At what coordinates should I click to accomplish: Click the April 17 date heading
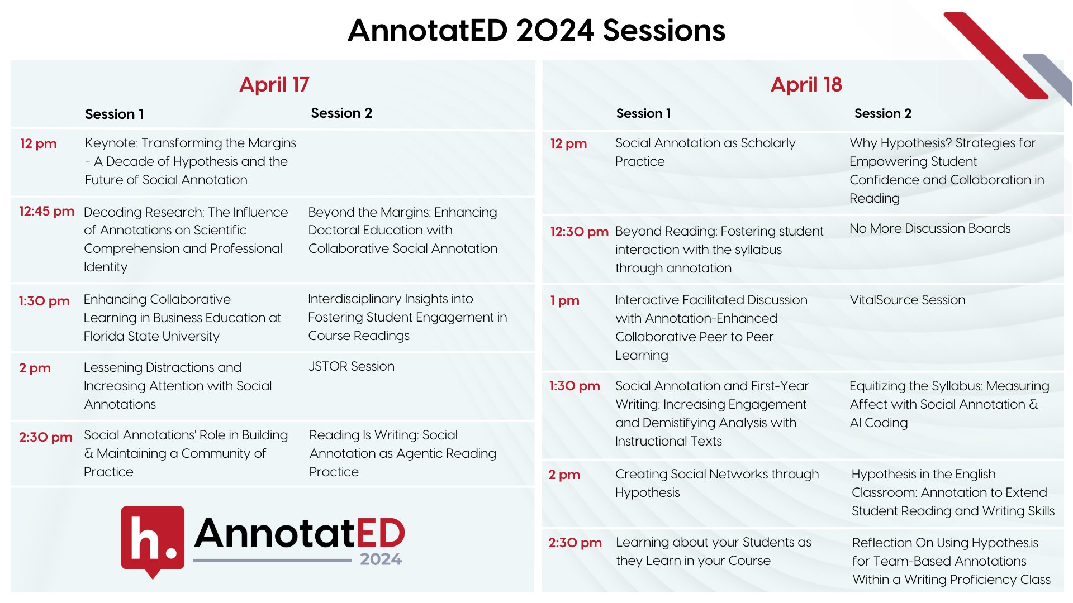click(274, 84)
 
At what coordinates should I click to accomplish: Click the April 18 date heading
click(806, 84)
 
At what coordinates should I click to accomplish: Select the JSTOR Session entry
click(351, 366)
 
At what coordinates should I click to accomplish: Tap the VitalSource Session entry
click(907, 300)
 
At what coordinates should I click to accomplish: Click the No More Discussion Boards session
click(930, 228)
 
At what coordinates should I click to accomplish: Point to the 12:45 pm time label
click(46, 211)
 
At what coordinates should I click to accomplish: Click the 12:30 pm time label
click(579, 232)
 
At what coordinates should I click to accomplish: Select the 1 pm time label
click(564, 300)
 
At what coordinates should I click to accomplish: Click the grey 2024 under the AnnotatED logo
click(381, 559)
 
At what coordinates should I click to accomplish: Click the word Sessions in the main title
click(664, 30)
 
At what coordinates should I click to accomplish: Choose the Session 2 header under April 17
click(341, 113)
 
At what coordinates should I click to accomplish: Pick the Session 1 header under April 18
click(643, 113)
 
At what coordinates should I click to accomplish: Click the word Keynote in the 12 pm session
click(111, 143)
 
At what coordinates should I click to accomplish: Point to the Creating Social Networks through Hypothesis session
click(717, 483)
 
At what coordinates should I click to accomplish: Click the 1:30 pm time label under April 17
click(44, 301)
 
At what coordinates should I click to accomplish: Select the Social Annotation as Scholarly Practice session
click(705, 152)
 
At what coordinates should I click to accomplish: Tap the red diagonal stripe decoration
click(995, 55)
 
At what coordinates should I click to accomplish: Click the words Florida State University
click(151, 336)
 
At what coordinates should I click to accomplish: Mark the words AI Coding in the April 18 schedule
click(879, 423)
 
